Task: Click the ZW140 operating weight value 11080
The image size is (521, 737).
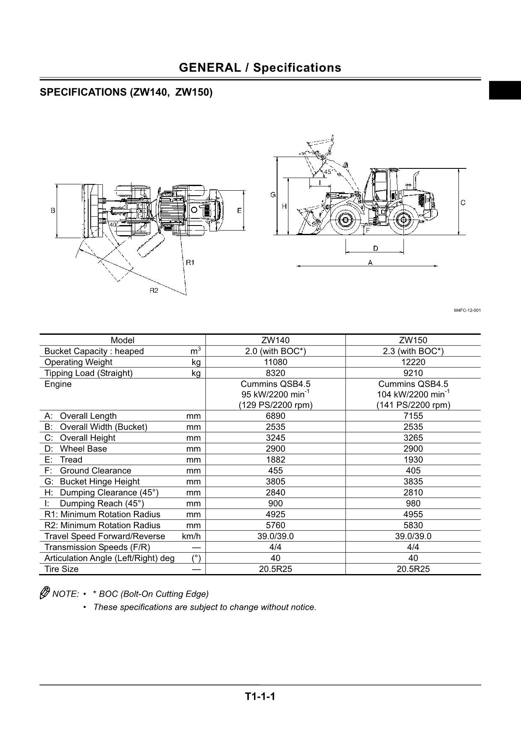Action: [275, 362]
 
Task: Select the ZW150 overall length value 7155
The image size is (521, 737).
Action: [413, 416]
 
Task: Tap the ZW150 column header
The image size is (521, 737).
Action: [413, 340]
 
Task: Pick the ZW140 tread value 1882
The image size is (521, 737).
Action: [275, 459]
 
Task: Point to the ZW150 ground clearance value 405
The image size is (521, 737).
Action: [413, 470]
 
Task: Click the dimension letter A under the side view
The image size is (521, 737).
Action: [370, 262]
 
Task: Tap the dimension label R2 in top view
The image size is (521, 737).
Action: [154, 291]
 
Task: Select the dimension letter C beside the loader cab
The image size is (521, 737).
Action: [463, 202]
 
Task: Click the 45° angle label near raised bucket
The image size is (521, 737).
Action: [328, 172]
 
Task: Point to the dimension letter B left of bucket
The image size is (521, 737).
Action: [53, 210]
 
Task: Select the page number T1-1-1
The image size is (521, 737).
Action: [260, 697]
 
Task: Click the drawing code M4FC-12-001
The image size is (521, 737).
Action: [467, 310]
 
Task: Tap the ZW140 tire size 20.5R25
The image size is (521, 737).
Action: [275, 569]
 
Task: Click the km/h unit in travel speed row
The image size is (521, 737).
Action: [191, 536]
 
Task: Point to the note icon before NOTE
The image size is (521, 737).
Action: [45, 593]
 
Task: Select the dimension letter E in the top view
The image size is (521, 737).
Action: [239, 210]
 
